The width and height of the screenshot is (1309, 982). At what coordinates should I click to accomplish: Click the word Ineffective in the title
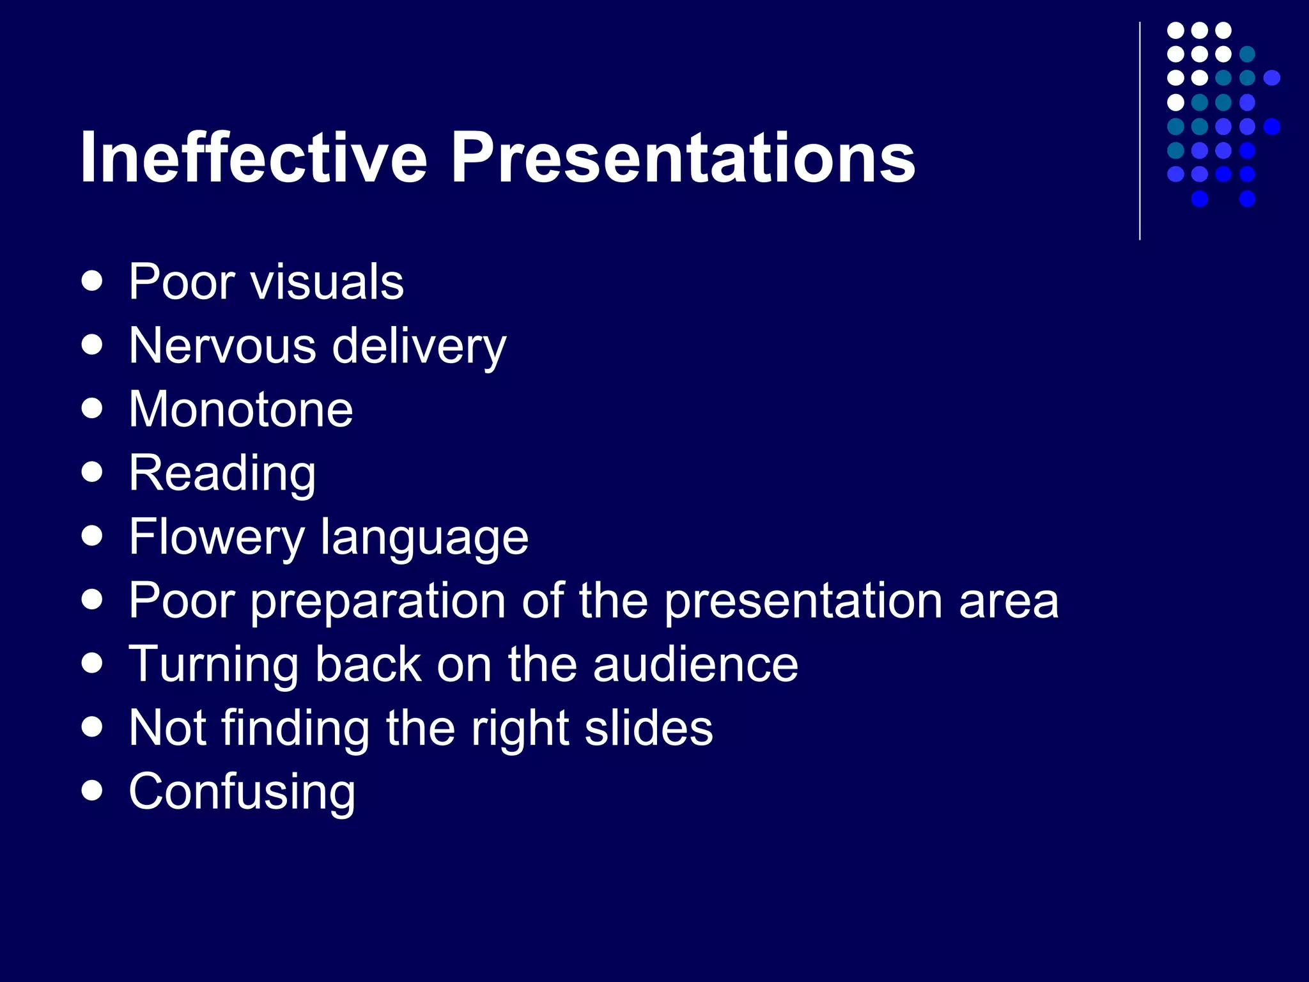click(x=253, y=157)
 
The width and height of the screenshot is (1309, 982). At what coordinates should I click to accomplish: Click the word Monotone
click(x=240, y=409)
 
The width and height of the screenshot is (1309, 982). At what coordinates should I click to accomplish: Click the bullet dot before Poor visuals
click(x=93, y=281)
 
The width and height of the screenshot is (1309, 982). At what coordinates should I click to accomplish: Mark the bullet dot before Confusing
click(x=93, y=791)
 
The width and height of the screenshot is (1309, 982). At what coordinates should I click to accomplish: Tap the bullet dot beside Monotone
click(x=93, y=409)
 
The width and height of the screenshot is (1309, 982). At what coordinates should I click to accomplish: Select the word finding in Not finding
click(x=295, y=729)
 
